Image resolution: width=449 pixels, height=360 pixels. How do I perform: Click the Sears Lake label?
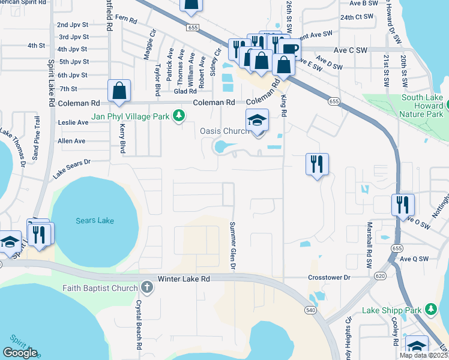pos(95,221)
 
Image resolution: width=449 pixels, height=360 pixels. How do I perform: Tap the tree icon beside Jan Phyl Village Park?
pos(178,115)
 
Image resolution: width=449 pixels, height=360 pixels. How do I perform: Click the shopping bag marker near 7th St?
pos(119,91)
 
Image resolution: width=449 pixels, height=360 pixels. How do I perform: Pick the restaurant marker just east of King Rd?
pos(317,164)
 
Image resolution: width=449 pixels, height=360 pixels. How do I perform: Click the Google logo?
pos(20,353)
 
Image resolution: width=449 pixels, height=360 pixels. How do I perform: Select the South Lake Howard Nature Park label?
pos(413,102)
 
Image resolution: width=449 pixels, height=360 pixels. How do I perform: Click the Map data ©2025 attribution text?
pos(423,355)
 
